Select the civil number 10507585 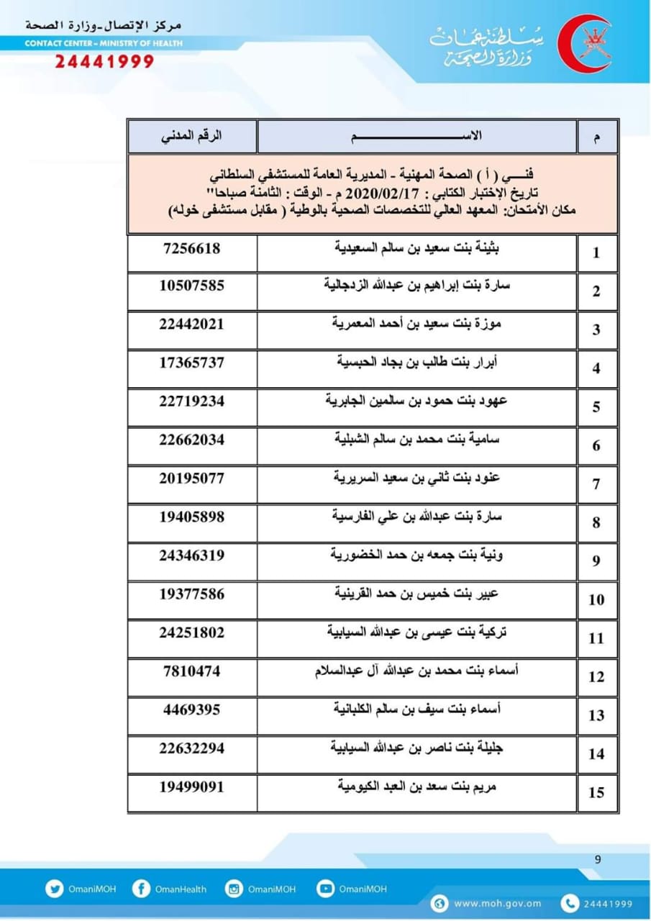[x=191, y=286]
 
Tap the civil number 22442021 [x=191, y=325]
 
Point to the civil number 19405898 [x=191, y=517]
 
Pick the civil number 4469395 [x=191, y=709]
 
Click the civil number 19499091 [x=191, y=787]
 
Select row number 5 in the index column [x=596, y=407]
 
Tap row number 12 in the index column [x=596, y=677]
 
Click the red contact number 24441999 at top [x=104, y=62]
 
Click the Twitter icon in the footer [x=54, y=889]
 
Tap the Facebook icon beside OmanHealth [x=141, y=889]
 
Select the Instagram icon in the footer [x=234, y=889]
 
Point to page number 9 [x=598, y=858]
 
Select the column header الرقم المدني [x=191, y=136]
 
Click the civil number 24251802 [x=191, y=632]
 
